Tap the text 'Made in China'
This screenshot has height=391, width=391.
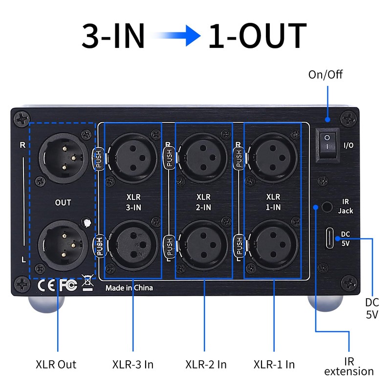click(x=129, y=288)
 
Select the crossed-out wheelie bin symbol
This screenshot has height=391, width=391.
click(x=87, y=283)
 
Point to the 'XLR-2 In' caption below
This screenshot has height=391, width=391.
click(x=206, y=365)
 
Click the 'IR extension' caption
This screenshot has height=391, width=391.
click(x=349, y=367)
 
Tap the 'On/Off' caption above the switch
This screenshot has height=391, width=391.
click(x=326, y=75)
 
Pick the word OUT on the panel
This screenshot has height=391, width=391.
click(x=63, y=202)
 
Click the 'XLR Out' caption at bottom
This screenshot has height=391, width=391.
click(x=56, y=365)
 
